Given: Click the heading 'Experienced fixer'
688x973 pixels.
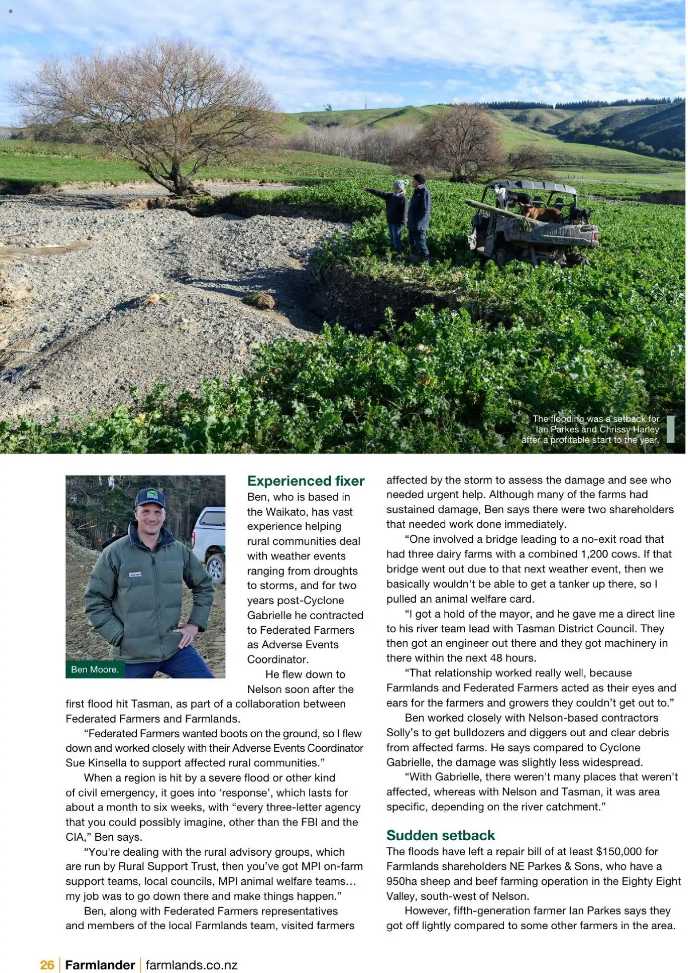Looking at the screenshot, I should tap(306, 481).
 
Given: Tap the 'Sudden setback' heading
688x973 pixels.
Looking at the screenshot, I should tap(440, 835).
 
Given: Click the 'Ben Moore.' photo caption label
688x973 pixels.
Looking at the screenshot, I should tap(95, 670).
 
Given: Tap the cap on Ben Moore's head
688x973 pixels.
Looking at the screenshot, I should tap(150, 498).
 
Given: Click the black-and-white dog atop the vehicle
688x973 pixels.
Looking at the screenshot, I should tap(506, 195).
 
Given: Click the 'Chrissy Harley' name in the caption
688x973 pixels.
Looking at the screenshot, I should tap(629, 429).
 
